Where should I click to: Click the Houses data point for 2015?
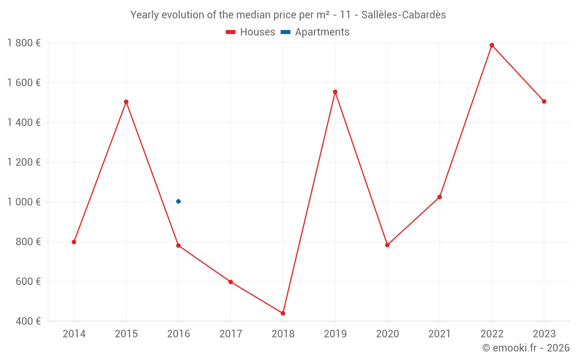tap(126, 102)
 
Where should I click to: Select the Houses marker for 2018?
tap(283, 313)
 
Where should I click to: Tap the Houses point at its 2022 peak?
tap(492, 45)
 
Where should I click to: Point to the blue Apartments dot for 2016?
tap(179, 202)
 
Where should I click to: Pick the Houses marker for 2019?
tap(335, 92)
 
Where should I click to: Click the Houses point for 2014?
tap(74, 242)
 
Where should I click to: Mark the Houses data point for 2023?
tap(544, 101)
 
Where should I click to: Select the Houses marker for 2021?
tap(439, 197)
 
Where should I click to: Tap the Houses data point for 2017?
tap(230, 282)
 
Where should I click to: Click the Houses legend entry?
tap(251, 32)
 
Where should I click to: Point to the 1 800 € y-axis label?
tap(24, 43)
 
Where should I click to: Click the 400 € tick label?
tap(28, 321)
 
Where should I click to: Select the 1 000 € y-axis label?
tap(24, 202)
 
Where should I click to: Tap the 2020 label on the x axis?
tap(387, 334)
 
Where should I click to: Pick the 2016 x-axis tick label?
tap(179, 334)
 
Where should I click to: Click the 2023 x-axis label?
tap(544, 334)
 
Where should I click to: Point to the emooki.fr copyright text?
tap(526, 348)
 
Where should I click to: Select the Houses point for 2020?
tap(387, 245)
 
